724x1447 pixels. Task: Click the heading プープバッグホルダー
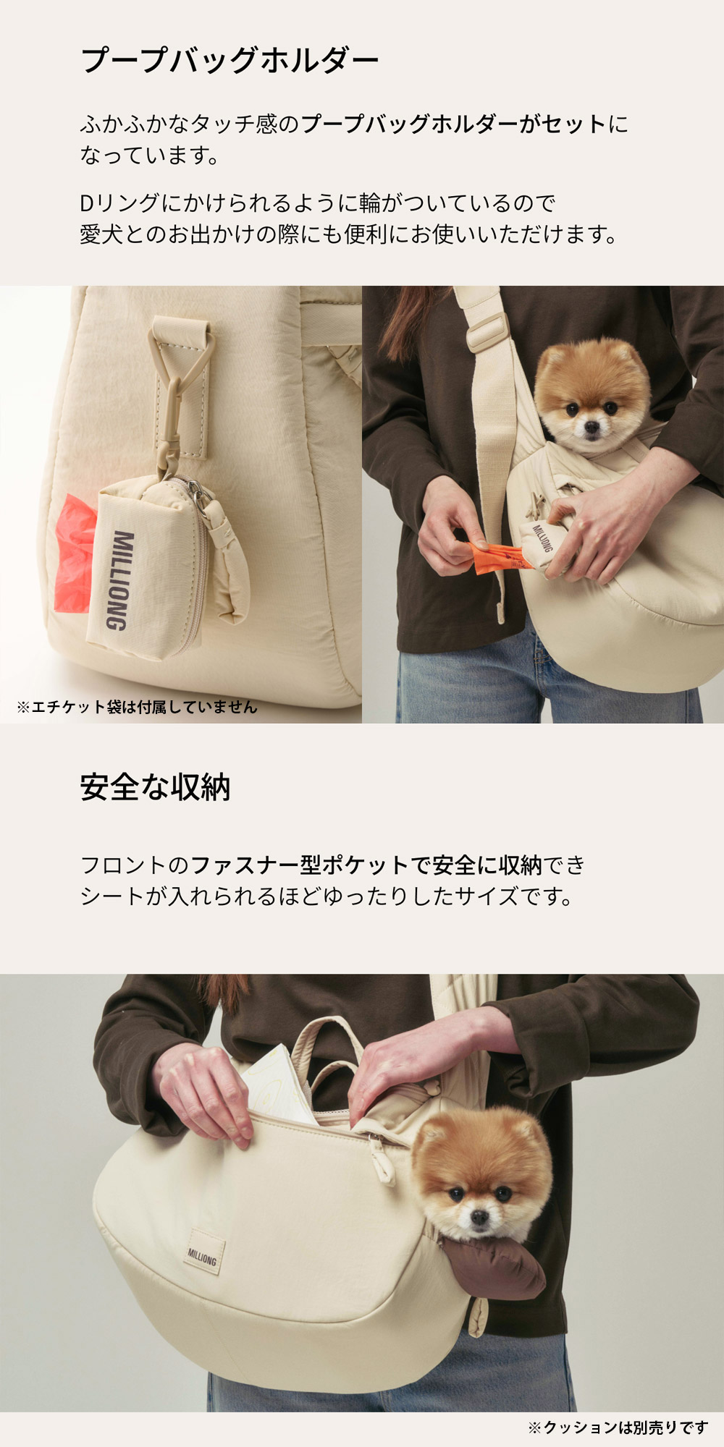pos(230,60)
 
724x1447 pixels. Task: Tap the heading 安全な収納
pos(155,787)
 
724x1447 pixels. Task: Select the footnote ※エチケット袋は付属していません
pos(137,707)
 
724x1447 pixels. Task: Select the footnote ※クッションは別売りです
pos(618,1427)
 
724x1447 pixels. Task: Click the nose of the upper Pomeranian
pos(592,428)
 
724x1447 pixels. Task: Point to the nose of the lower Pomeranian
pos(479,1218)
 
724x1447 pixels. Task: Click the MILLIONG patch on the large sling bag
pos(202,1257)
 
